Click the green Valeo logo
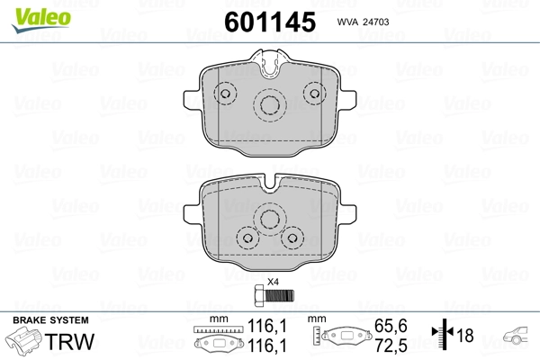pyautogui.click(x=41, y=20)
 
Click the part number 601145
pyautogui.click(x=270, y=22)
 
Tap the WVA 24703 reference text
pyautogui.click(x=363, y=22)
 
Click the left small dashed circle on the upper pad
pyautogui.click(x=225, y=94)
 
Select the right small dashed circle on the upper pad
pyautogui.click(x=315, y=94)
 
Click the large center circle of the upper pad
pyautogui.click(x=270, y=105)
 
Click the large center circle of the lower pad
pyautogui.click(x=270, y=219)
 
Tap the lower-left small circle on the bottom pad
pyautogui.click(x=248, y=238)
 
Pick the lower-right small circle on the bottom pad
pyautogui.click(x=292, y=238)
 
